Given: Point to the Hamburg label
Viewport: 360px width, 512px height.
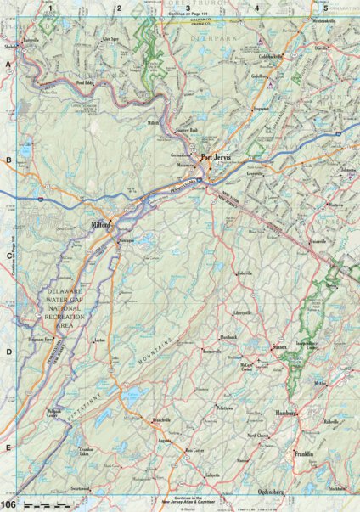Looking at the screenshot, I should pyautogui.click(x=284, y=414).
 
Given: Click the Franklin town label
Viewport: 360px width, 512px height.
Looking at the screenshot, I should pyautogui.click(x=305, y=454).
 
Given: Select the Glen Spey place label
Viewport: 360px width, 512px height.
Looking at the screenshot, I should pyautogui.click(x=110, y=39).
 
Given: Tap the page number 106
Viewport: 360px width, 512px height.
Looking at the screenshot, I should pyautogui.click(x=8, y=506).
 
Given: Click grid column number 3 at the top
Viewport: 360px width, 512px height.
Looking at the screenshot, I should pyautogui.click(x=187, y=8).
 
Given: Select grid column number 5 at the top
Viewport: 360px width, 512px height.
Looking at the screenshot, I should pyautogui.click(x=324, y=8).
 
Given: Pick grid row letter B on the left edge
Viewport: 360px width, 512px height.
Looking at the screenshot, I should pyautogui.click(x=8, y=160).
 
